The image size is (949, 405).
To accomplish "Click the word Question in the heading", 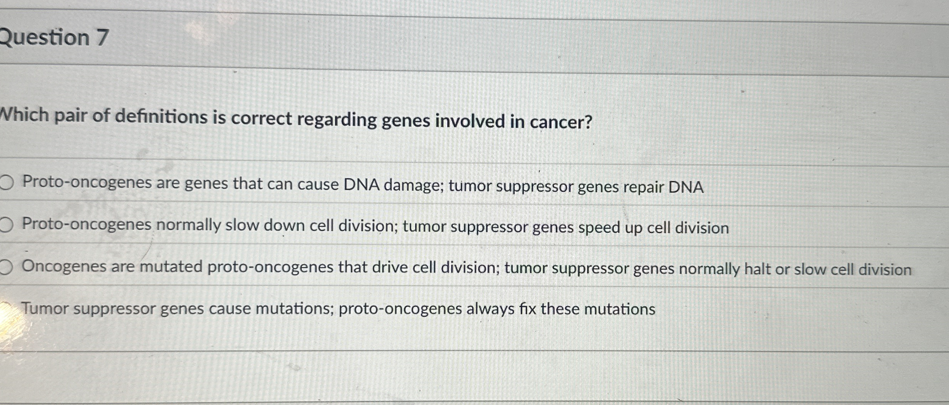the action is pyautogui.click(x=45, y=37).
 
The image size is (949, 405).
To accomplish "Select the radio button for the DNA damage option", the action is pyautogui.click(x=6, y=182).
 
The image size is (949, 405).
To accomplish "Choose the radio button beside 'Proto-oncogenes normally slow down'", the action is pyautogui.click(x=6, y=225).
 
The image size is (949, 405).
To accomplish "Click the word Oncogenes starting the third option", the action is pyautogui.click(x=64, y=267).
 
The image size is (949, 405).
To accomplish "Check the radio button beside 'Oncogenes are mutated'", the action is pyautogui.click(x=6, y=267).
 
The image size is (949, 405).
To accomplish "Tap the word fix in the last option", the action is pyautogui.click(x=528, y=309).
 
